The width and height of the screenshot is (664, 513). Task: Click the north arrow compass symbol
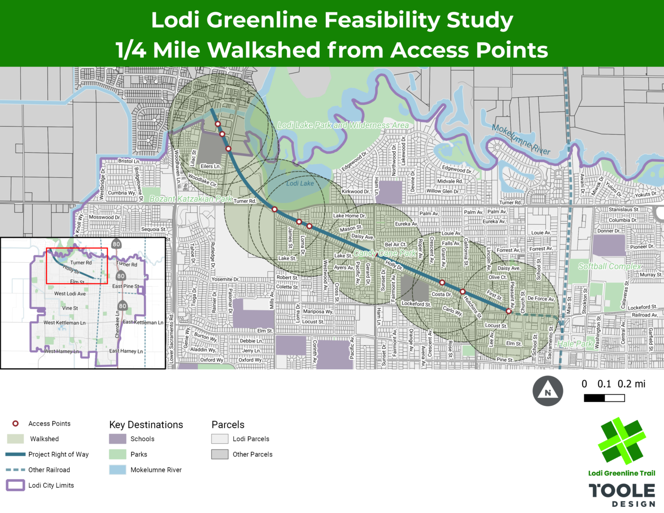click(x=548, y=391)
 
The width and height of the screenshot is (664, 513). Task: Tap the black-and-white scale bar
click(x=604, y=398)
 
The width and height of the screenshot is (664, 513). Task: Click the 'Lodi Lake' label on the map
click(x=300, y=183)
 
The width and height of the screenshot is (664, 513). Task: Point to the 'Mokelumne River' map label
click(x=521, y=139)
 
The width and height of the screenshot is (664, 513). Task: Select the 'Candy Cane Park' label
click(x=385, y=253)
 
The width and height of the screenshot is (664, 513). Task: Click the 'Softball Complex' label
click(x=609, y=266)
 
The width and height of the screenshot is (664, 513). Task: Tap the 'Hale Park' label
click(x=575, y=344)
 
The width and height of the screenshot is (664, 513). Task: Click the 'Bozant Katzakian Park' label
click(x=191, y=199)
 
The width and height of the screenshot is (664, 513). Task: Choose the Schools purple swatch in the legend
click(x=118, y=439)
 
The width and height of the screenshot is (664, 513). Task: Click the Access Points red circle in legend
click(x=16, y=423)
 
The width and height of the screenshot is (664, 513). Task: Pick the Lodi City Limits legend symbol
click(x=15, y=485)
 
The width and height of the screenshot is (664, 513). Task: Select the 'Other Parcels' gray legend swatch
click(x=220, y=454)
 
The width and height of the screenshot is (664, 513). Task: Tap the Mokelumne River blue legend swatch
click(x=118, y=470)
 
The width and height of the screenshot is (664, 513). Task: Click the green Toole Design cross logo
click(x=621, y=440)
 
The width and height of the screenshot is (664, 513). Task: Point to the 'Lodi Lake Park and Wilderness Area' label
click(x=343, y=125)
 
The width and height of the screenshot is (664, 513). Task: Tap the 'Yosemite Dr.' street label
click(x=225, y=279)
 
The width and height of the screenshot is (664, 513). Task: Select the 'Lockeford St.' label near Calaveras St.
click(x=642, y=307)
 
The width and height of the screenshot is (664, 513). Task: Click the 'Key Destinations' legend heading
click(x=146, y=425)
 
